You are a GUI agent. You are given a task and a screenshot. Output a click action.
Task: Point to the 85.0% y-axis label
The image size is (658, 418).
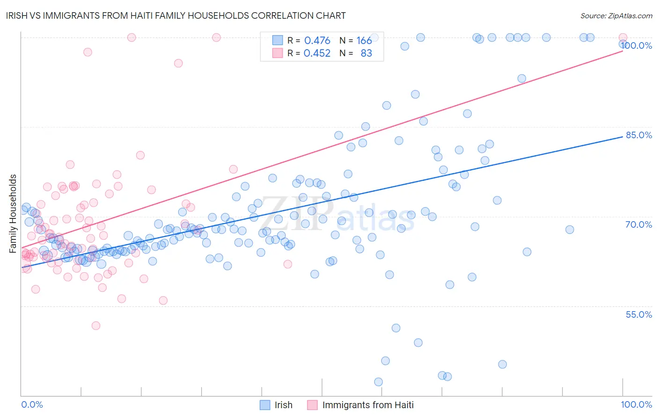pyautogui.click(x=639, y=135)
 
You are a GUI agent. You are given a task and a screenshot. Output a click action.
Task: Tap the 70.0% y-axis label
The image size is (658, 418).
pyautogui.click(x=639, y=224)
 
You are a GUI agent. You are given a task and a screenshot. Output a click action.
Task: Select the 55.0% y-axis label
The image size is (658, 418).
pyautogui.click(x=639, y=314)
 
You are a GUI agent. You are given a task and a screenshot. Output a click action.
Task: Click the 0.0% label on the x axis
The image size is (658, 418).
pyautogui.click(x=32, y=404)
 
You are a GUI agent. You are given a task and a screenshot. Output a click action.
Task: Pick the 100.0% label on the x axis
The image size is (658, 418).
pyautogui.click(x=636, y=404)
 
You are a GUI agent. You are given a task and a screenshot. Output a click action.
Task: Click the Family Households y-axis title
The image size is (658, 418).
pyautogui.click(x=13, y=214)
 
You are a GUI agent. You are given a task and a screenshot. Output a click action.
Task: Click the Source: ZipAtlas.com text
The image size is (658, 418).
pyautogui.click(x=616, y=16)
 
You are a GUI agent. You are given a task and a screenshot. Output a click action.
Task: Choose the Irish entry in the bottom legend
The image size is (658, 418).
pyautogui.click(x=283, y=405)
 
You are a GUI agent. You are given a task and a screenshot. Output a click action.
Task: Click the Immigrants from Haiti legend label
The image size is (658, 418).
pyautogui.click(x=368, y=405)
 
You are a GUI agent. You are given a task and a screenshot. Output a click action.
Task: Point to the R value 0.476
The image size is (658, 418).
pyautogui.click(x=317, y=41)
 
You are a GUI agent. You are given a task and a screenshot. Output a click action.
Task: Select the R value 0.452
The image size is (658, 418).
pyautogui.click(x=317, y=53)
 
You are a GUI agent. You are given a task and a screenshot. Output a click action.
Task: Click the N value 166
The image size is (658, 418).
pyautogui.click(x=364, y=41)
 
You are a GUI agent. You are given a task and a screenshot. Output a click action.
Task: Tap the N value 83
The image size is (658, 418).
pyautogui.click(x=366, y=53)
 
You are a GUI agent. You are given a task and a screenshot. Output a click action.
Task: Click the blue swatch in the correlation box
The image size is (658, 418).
pyautogui.click(x=278, y=40)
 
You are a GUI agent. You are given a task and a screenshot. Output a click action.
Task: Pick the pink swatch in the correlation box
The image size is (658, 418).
pyautogui.click(x=278, y=53)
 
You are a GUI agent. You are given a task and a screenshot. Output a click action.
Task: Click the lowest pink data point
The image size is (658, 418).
pyautogui.click(x=96, y=326)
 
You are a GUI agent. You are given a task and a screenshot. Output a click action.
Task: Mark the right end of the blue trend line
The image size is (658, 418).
pyautogui.click(x=623, y=136)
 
